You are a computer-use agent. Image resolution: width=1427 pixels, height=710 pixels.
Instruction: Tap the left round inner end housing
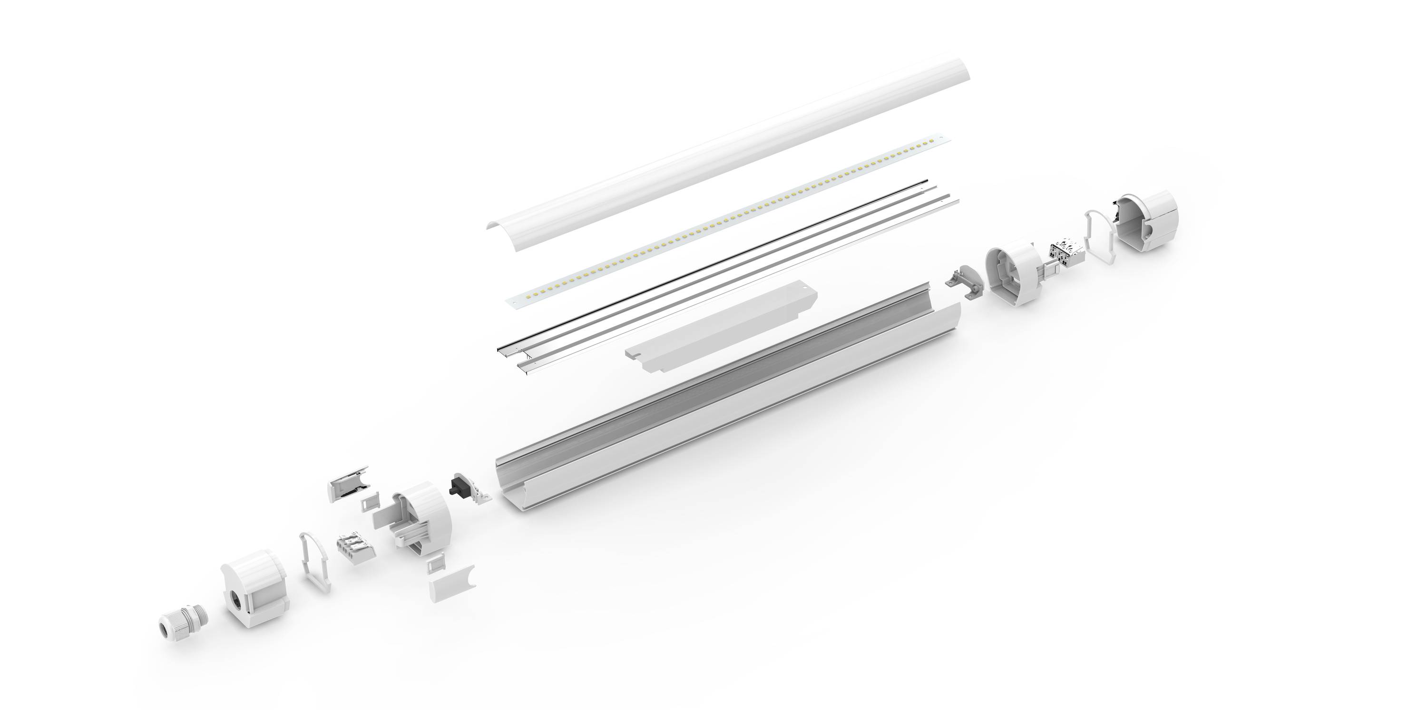[421, 515]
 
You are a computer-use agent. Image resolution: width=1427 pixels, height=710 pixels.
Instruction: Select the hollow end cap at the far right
[1147, 222]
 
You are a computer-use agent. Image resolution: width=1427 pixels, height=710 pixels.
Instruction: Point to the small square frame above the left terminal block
[369, 502]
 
